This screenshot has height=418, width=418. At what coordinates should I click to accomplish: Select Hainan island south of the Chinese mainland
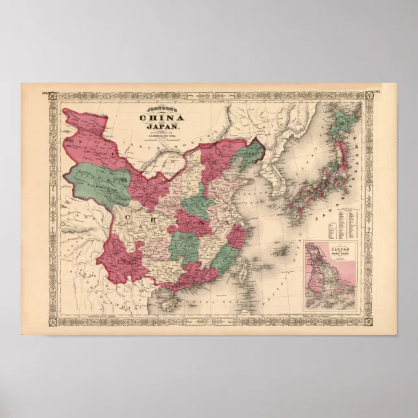(x=174, y=299)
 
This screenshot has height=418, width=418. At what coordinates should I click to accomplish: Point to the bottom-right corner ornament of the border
(x=367, y=321)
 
